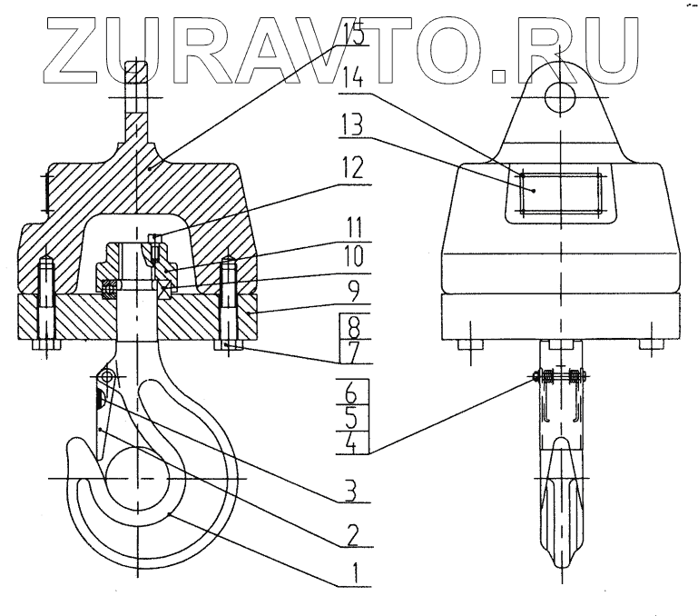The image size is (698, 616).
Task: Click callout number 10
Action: click(x=349, y=256)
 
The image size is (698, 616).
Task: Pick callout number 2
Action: click(x=349, y=533)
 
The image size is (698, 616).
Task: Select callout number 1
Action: click(x=349, y=573)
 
